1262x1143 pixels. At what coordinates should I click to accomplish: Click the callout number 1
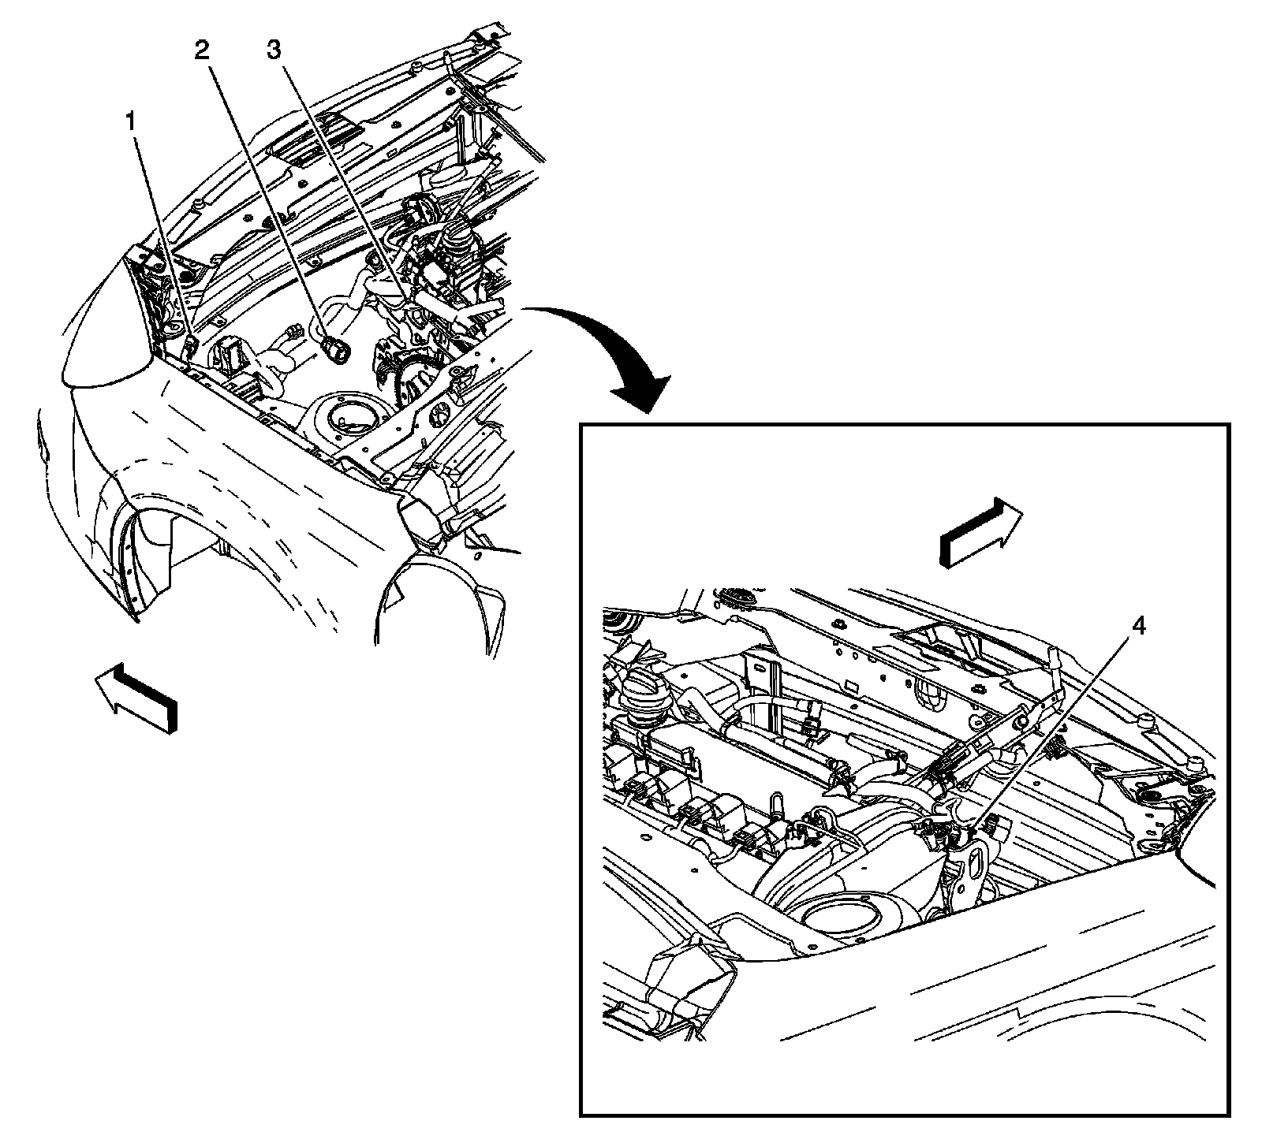click(x=131, y=122)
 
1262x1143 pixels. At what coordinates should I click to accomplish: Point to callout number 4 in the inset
click(x=1137, y=627)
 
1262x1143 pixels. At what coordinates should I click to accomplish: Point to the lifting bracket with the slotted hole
click(x=969, y=866)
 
